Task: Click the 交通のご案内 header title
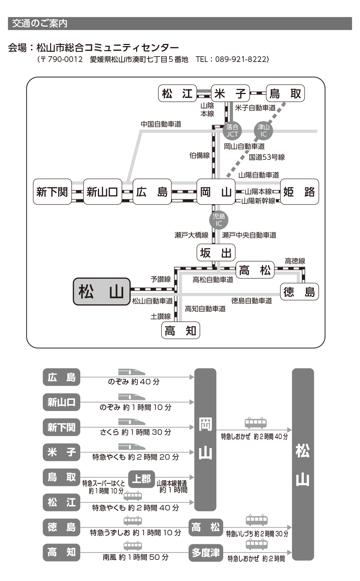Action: (40, 24)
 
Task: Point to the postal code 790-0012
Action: (65, 59)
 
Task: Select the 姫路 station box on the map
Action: (300, 192)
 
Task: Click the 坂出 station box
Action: (216, 252)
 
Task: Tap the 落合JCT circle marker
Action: (232, 130)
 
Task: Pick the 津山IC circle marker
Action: (263, 130)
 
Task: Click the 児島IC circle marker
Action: (219, 220)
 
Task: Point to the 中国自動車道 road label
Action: (161, 124)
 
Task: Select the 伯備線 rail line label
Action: (199, 156)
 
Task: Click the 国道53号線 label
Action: (267, 157)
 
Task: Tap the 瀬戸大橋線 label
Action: (191, 235)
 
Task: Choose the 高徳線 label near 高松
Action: (295, 261)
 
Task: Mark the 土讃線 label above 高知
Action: (161, 317)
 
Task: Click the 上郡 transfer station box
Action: (141, 479)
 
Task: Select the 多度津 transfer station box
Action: (206, 553)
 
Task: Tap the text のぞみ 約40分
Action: (134, 382)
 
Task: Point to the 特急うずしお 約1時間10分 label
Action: (136, 533)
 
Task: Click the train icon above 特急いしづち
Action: (257, 520)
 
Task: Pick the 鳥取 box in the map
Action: (285, 93)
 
